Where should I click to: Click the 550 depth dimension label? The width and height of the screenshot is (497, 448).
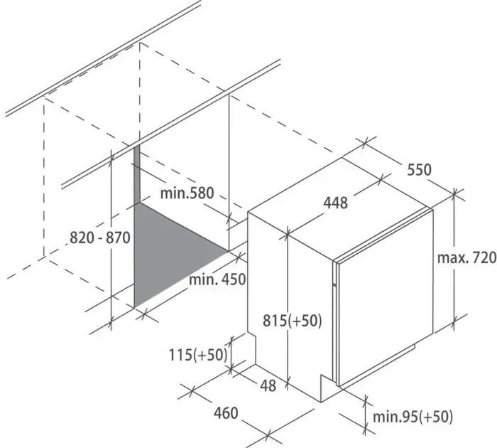(x=419, y=169)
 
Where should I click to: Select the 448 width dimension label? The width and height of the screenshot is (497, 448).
(x=335, y=203)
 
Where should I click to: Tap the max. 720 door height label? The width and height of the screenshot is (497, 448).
(x=466, y=258)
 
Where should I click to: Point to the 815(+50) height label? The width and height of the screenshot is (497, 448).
(x=293, y=321)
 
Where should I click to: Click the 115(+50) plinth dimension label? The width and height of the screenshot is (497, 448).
(x=198, y=355)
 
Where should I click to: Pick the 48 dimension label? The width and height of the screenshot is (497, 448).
(x=268, y=385)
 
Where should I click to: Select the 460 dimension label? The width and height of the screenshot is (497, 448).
(x=226, y=413)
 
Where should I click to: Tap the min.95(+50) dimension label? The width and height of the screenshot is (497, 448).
(x=413, y=417)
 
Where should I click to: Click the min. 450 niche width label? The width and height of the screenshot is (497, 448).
(x=217, y=279)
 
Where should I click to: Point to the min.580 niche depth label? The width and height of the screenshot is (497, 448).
(x=187, y=193)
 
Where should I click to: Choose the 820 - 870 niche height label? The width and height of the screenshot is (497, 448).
(x=100, y=238)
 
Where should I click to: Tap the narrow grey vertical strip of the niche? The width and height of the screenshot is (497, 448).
(x=136, y=174)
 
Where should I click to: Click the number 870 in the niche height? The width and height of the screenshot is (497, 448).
(x=118, y=238)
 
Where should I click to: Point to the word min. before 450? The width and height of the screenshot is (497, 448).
(x=202, y=279)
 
